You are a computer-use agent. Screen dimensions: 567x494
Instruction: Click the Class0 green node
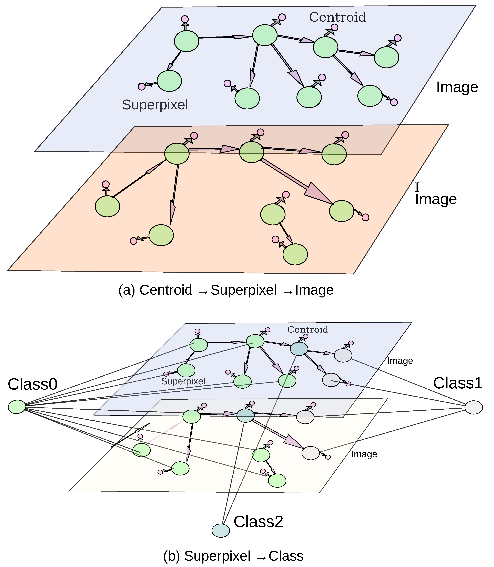pos(17,407)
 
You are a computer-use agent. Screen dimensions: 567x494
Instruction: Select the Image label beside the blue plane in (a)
pos(457,87)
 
